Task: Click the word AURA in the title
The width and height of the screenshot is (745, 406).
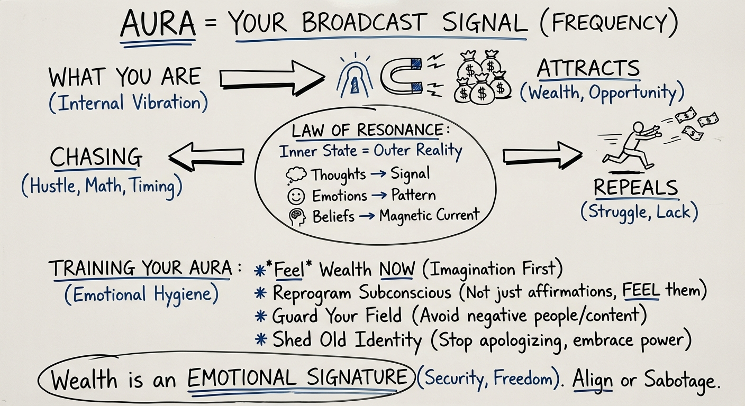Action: [x=158, y=25]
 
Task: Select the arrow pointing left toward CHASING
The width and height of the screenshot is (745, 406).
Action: [x=206, y=156]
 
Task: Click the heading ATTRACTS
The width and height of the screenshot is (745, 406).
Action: [x=588, y=69]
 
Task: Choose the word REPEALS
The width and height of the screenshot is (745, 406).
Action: [x=635, y=188]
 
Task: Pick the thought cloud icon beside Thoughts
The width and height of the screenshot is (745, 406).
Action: [x=295, y=175]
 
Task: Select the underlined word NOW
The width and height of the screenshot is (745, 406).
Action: [x=397, y=270]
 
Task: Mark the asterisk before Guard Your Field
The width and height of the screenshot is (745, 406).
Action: [x=261, y=316]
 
